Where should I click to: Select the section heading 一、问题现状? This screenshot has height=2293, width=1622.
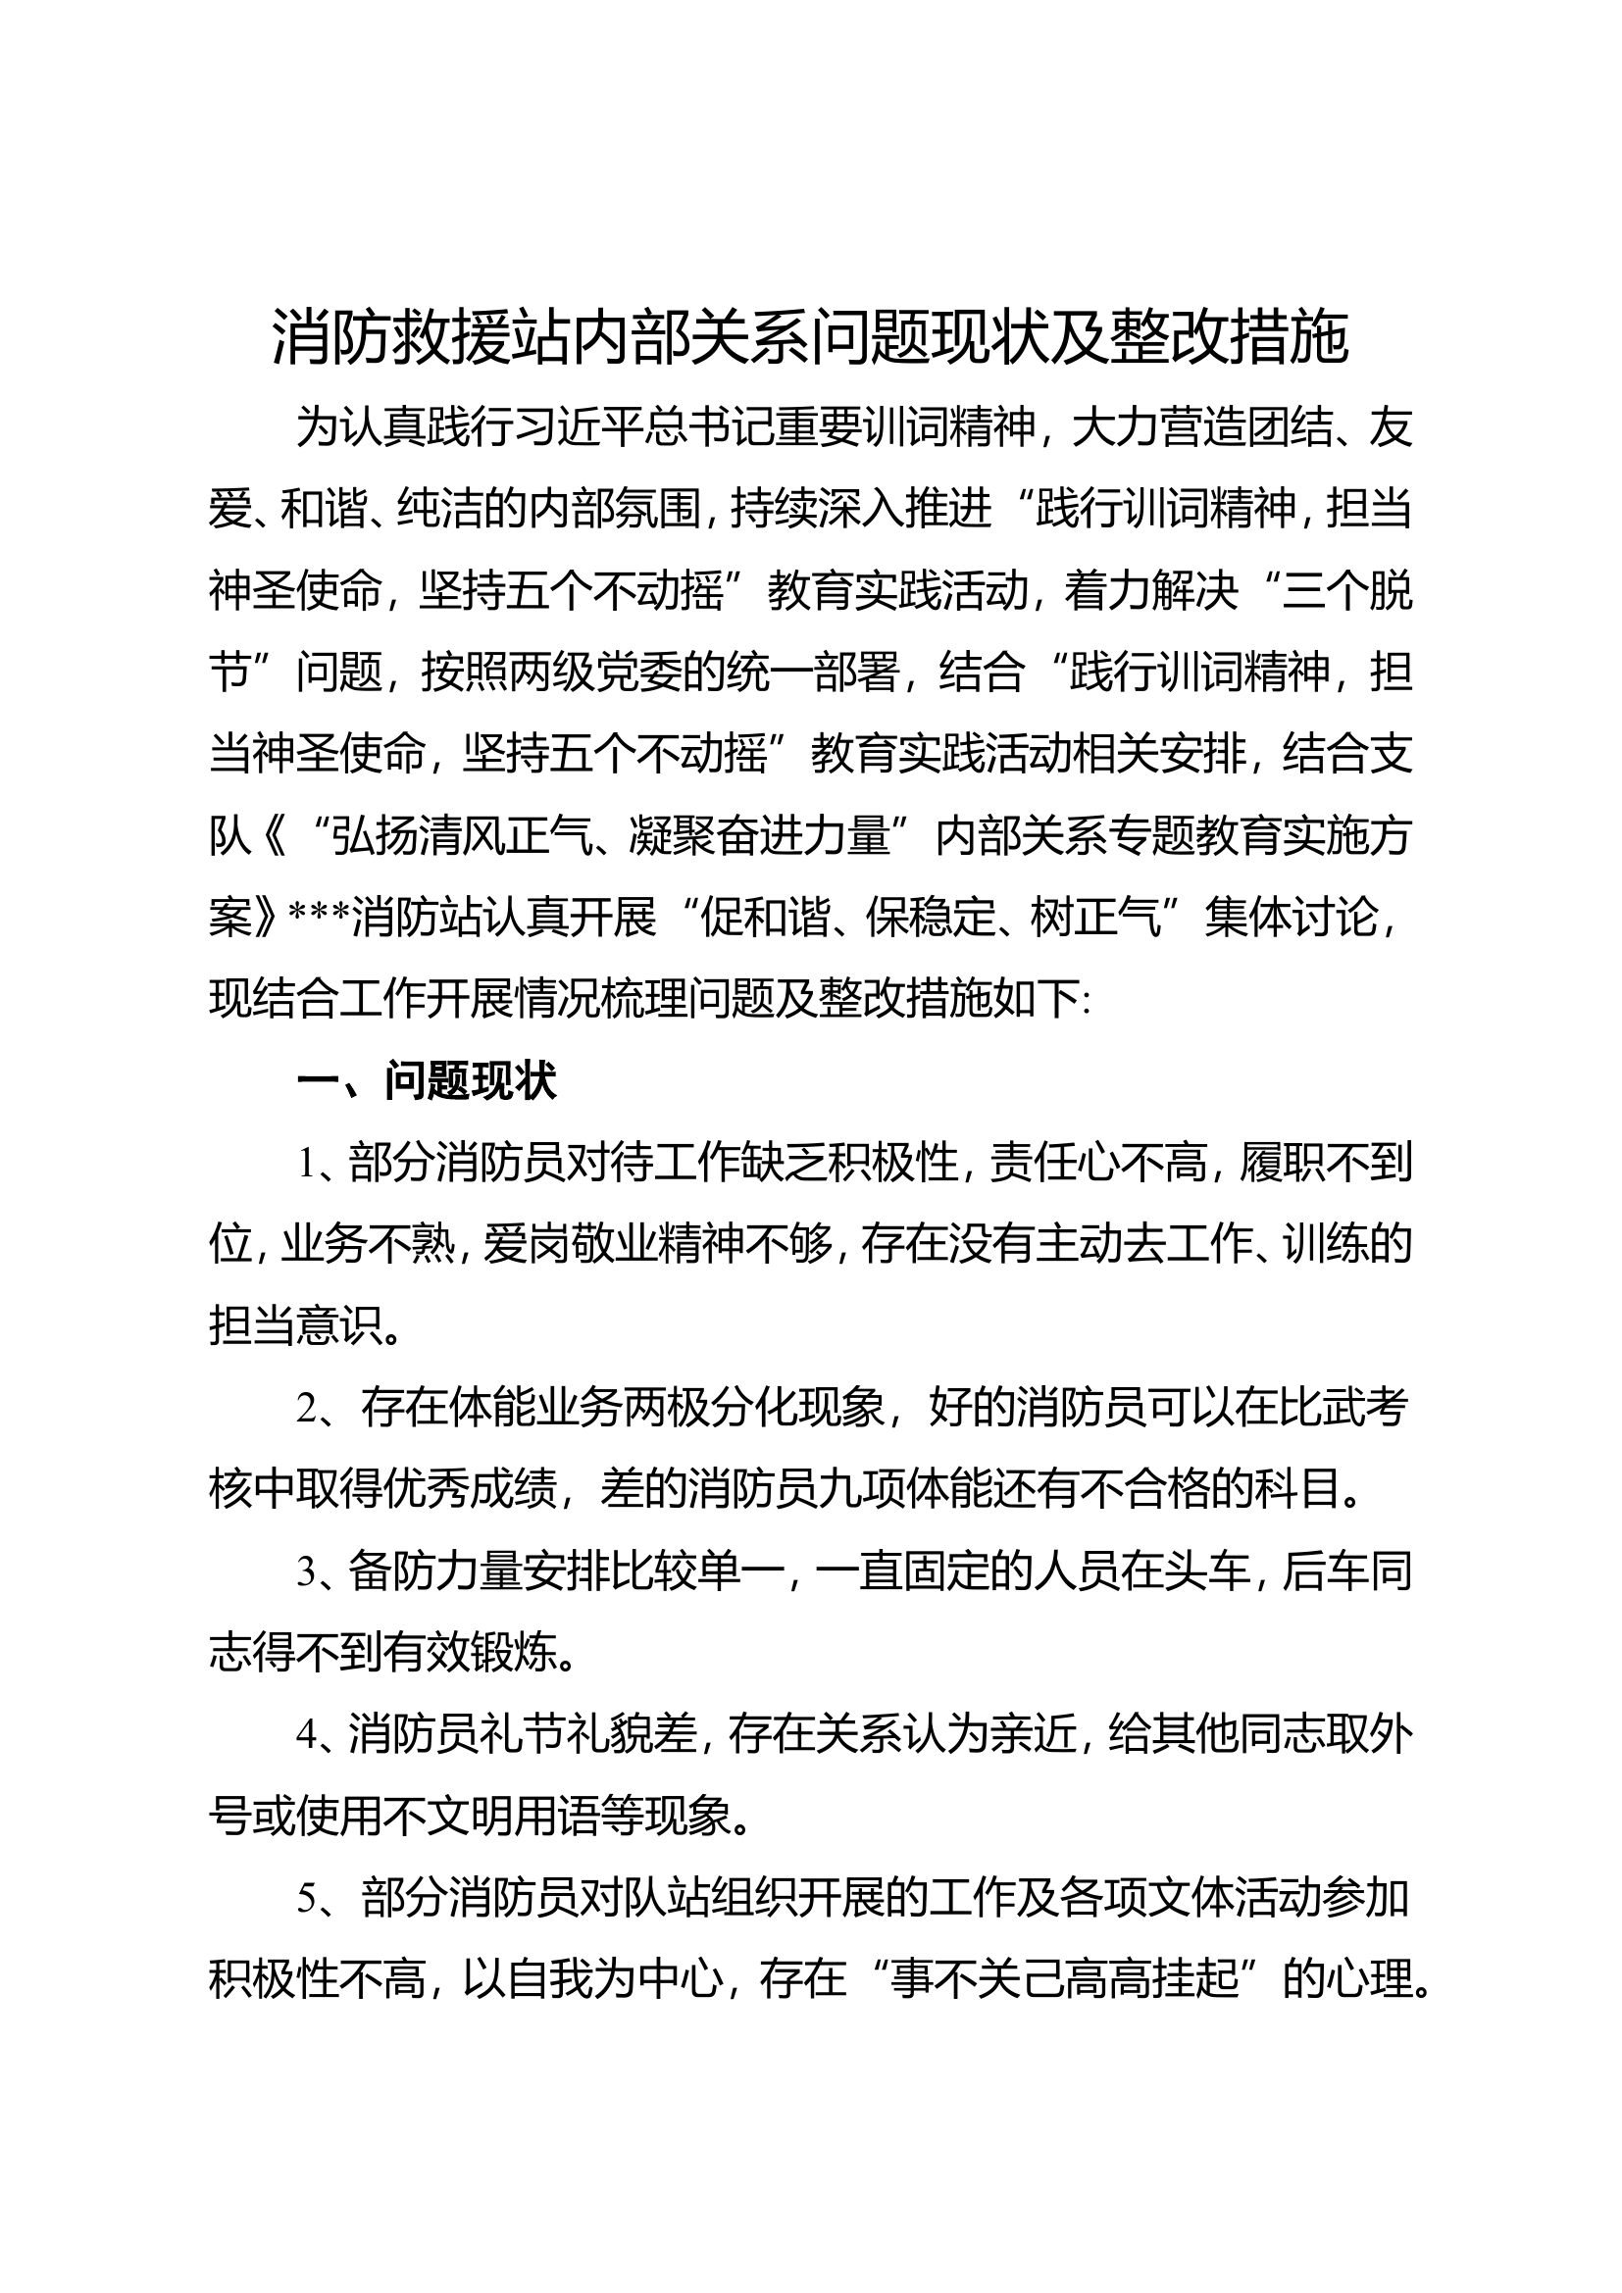point(427,1081)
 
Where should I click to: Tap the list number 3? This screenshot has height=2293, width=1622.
point(307,1572)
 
